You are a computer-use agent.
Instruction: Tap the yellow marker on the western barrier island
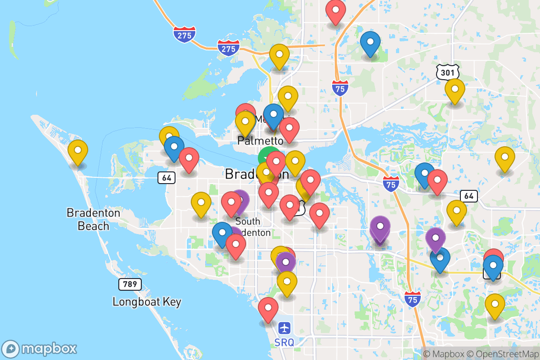point(77,151)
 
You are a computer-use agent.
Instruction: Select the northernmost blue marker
point(370,42)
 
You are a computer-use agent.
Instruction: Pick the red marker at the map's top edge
point(335,11)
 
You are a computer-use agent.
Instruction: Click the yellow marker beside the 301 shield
point(454,90)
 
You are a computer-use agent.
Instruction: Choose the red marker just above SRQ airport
point(268,308)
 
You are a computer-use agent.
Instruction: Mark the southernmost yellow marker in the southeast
point(495,305)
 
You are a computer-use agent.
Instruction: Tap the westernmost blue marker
point(174,147)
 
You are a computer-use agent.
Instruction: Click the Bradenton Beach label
point(94,219)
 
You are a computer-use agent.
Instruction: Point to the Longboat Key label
point(147,301)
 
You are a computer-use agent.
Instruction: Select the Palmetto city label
point(260,141)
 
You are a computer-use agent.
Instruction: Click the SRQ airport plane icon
point(284,328)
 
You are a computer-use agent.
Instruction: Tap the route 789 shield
point(130,284)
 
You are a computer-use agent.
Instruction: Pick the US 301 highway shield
point(447,71)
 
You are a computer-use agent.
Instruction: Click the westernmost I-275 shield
point(185,35)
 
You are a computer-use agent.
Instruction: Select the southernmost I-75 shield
point(413,299)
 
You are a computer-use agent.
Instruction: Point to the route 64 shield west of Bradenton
point(166,178)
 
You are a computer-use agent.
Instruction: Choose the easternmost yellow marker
point(504,157)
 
